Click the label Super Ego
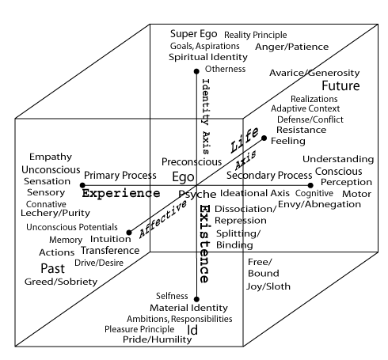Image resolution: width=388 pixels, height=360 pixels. (193, 34)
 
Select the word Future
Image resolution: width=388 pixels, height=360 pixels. (340, 85)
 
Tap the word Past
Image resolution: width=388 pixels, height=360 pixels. (53, 268)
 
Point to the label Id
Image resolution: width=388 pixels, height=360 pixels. (192, 330)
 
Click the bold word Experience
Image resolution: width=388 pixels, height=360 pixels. (121, 193)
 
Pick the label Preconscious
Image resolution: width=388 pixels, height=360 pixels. (192, 162)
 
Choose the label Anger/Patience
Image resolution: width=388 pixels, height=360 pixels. (291, 47)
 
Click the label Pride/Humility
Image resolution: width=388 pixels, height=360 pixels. (158, 339)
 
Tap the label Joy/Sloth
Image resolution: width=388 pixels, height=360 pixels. (268, 286)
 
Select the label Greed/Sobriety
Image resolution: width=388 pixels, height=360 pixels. (61, 282)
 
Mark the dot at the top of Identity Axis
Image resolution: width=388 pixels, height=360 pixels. (196, 71)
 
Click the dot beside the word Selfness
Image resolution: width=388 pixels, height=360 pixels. (196, 299)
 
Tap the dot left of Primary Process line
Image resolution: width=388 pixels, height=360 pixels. (82, 185)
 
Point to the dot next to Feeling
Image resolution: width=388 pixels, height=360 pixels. (264, 138)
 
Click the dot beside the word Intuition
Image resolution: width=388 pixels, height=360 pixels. (129, 233)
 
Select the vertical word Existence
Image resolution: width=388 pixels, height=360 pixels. (204, 244)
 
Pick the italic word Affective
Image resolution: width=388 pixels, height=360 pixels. (163, 218)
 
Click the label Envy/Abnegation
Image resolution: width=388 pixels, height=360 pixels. (319, 204)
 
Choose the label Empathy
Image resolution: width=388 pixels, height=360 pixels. (51, 157)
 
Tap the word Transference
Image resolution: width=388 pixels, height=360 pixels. (110, 251)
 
